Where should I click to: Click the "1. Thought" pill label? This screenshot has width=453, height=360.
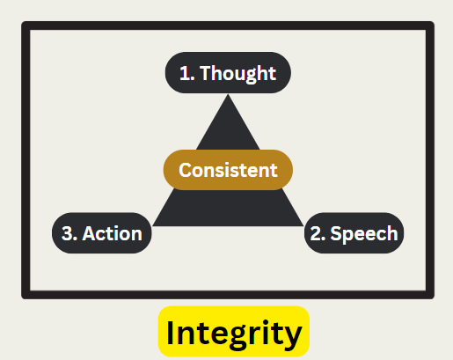click(x=228, y=73)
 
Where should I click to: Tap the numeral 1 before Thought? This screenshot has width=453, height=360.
click(x=184, y=73)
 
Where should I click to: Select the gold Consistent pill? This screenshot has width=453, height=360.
click(x=228, y=170)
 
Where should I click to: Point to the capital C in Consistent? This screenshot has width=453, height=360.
click(x=186, y=170)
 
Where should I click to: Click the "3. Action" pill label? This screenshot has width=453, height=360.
click(x=102, y=233)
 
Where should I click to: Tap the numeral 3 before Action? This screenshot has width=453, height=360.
click(x=67, y=233)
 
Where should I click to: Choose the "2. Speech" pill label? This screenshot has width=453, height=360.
click(x=354, y=233)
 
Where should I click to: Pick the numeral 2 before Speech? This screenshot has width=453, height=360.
click(x=316, y=233)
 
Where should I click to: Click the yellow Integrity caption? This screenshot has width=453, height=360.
click(x=234, y=332)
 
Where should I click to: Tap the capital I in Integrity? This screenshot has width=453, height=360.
click(x=170, y=332)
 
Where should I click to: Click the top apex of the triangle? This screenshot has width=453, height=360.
click(x=228, y=94)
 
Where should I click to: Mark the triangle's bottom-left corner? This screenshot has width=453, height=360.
click(x=153, y=225)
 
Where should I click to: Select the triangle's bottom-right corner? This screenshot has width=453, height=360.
click(x=303, y=225)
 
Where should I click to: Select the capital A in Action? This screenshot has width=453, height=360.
click(x=89, y=233)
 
